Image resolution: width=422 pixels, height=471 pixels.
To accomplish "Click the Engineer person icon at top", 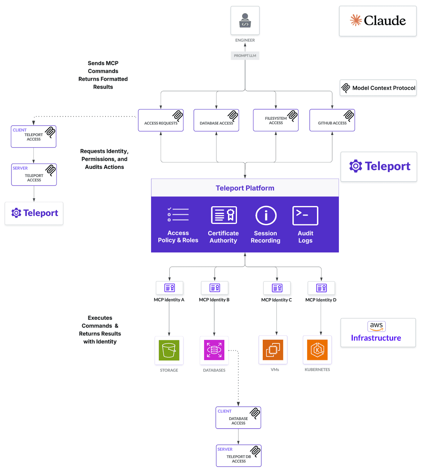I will point(245,20).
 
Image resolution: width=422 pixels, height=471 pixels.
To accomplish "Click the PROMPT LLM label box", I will point(245,55).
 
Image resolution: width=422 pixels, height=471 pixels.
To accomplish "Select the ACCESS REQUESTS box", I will point(161,120).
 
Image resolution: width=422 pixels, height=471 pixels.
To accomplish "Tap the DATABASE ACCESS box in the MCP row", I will point(216,120).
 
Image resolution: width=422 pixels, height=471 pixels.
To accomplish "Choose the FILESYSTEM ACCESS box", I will point(276,120).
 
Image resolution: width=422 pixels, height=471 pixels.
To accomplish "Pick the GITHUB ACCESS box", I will point(332,120).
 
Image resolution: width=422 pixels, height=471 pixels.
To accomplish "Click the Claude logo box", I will point(378,21).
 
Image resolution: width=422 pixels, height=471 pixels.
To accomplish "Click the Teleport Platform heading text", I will point(245,188).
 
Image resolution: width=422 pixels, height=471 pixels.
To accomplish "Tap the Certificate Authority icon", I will point(224,215).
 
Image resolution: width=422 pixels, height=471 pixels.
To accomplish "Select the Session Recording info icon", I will point(266,215).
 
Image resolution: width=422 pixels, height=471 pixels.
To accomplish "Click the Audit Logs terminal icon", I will point(305,215).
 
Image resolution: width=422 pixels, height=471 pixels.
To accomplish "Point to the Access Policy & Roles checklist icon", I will point(178,215).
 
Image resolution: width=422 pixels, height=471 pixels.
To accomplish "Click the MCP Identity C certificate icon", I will point(277,288).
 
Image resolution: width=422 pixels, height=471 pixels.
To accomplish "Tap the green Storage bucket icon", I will point(169,350).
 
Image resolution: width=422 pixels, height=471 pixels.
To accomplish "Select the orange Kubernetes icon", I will point(317,350).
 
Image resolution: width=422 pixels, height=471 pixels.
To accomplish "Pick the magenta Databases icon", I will point(214,350).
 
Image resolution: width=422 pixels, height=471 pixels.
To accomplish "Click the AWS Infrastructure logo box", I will point(378,332).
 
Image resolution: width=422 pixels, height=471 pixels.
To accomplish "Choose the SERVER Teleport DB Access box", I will point(239,456).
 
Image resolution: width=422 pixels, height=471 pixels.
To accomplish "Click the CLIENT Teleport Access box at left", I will point(33,136).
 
